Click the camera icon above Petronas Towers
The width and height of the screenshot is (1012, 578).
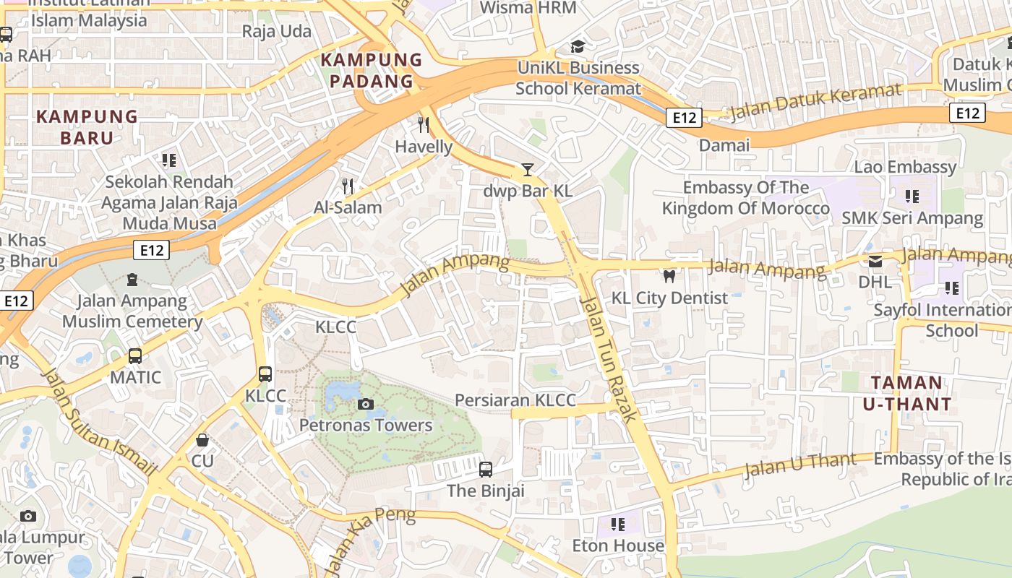click(x=366, y=404)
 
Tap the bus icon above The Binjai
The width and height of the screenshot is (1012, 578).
click(x=486, y=470)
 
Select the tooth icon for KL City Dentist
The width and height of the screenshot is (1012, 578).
click(x=669, y=276)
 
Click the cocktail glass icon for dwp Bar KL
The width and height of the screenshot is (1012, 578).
click(x=528, y=170)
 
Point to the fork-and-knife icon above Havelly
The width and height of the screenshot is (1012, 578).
click(x=424, y=125)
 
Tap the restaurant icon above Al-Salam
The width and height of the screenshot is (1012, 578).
click(x=348, y=186)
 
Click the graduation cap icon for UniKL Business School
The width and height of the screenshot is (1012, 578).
click(x=578, y=47)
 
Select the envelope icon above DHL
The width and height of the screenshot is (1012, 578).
click(x=875, y=261)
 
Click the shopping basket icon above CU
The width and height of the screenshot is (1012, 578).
click(x=202, y=439)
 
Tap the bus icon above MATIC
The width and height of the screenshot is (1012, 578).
click(x=135, y=355)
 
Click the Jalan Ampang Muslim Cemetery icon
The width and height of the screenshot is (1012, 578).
click(x=132, y=279)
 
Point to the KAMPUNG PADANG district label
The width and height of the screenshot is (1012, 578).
click(x=372, y=70)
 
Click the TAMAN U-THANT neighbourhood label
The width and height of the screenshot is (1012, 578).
click(x=906, y=393)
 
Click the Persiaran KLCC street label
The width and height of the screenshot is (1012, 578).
click(x=515, y=400)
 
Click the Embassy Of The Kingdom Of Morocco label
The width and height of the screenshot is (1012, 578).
click(x=745, y=198)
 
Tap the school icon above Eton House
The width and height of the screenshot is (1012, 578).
click(x=617, y=524)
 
